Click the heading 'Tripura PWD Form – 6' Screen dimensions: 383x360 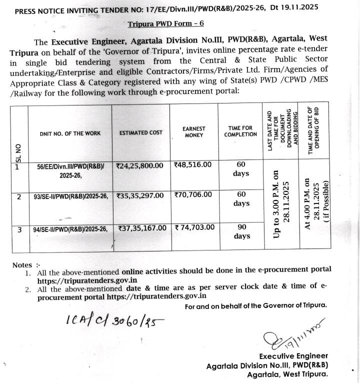(x=165, y=23)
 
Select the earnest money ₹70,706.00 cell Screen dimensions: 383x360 (x=193, y=195)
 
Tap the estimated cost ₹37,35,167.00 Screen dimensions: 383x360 (x=142, y=227)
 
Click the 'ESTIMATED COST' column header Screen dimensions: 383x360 (x=140, y=133)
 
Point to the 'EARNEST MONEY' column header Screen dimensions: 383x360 (x=193, y=132)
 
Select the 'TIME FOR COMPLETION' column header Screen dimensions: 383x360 (x=240, y=131)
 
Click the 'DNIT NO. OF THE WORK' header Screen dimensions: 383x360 (x=70, y=133)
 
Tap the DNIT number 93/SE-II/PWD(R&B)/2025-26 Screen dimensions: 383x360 (x=70, y=196)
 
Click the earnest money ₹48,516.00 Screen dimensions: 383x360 (x=192, y=164)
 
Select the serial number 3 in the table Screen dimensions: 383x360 (x=19, y=229)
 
